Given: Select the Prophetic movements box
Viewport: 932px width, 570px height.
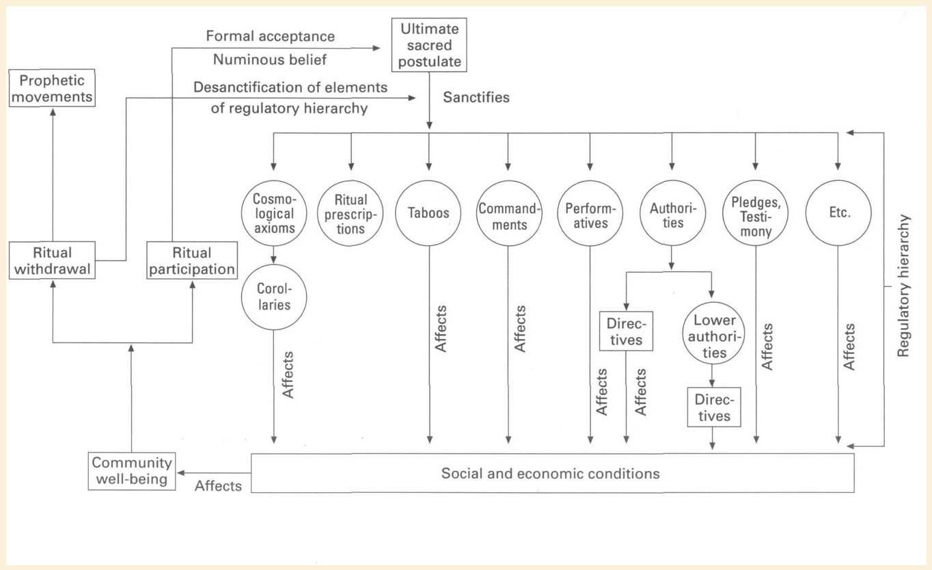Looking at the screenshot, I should click(x=53, y=88).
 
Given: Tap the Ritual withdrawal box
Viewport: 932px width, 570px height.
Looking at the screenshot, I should click(x=53, y=260).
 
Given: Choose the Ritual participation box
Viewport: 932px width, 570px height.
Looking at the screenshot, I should click(x=192, y=260).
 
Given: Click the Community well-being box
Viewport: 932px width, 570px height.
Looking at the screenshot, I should click(x=131, y=471).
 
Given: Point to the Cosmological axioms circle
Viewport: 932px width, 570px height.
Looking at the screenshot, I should click(x=273, y=213).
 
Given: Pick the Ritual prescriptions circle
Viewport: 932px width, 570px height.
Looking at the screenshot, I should click(x=351, y=213).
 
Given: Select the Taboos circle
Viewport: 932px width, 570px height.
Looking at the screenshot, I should click(x=429, y=213).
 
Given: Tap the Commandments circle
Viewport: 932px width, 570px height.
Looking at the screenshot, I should click(x=508, y=213).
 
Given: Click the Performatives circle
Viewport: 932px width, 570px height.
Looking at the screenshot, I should click(x=590, y=213).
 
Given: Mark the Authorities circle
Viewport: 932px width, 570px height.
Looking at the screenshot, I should click(x=672, y=213).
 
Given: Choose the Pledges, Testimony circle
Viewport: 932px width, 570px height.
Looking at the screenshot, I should click(x=756, y=213).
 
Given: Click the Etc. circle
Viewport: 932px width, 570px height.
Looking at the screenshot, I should click(x=838, y=213).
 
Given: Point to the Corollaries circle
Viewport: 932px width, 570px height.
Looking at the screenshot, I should click(x=273, y=297).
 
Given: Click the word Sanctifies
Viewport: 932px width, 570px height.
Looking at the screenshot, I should click(x=476, y=97).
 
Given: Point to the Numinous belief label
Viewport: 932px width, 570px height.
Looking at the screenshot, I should click(x=270, y=59).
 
